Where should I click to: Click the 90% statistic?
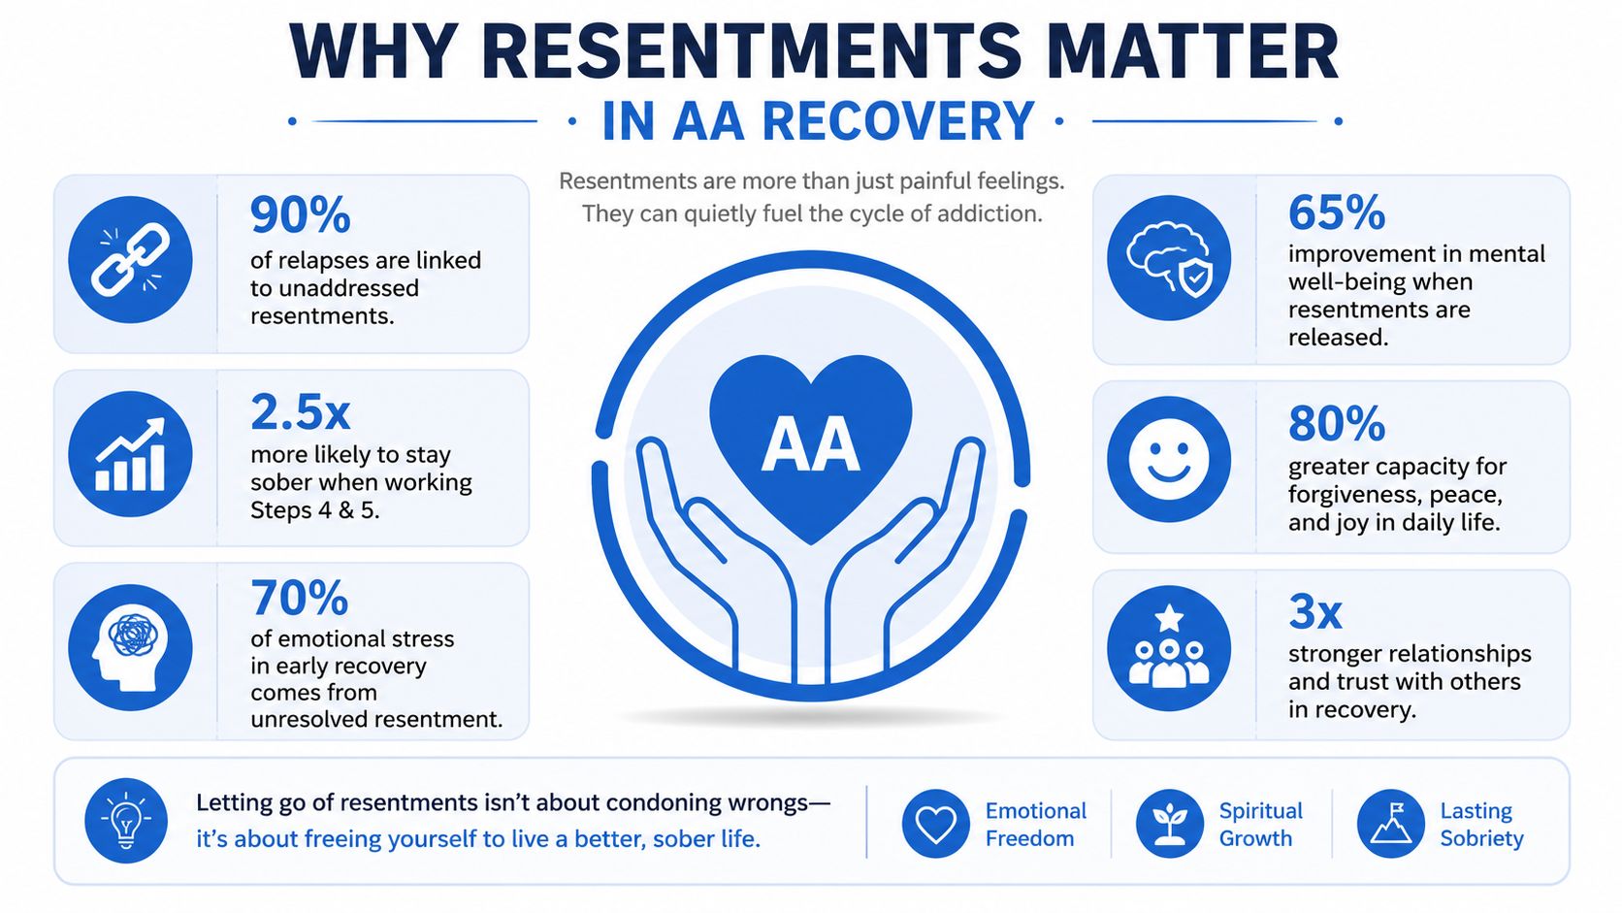point(300,214)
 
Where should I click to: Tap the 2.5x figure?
point(300,412)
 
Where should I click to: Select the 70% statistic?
point(299,598)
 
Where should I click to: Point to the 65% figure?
point(1336,212)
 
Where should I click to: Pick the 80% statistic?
point(1336,424)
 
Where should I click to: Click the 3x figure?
point(1314,612)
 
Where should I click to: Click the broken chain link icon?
point(130,260)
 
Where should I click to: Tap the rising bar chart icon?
point(130,454)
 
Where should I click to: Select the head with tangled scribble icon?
point(130,647)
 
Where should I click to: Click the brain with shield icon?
point(1169,258)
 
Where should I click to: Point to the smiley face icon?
point(1169,459)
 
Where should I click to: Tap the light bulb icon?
point(126,820)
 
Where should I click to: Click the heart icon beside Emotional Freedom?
point(935,824)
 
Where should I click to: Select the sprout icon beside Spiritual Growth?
point(1169,824)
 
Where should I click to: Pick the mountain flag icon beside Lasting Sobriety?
point(1391,824)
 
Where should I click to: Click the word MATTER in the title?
point(1192,52)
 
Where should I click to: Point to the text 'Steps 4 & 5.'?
point(315,510)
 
